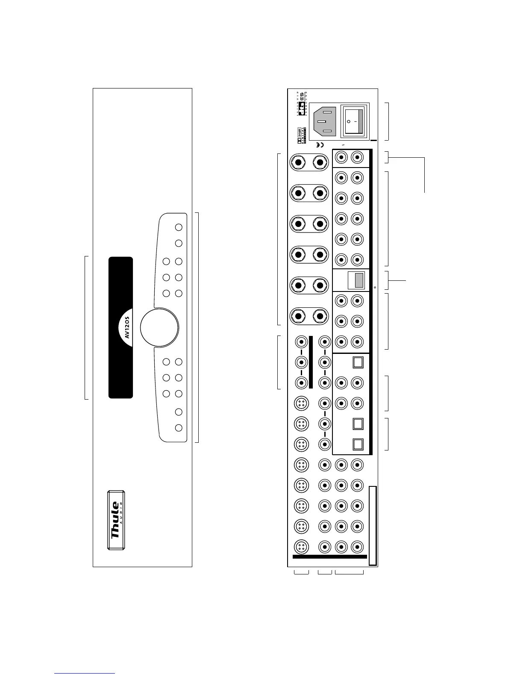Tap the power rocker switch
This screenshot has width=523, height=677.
pyautogui.click(x=355, y=121)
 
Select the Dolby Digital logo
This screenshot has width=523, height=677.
pyautogui.click(x=300, y=135)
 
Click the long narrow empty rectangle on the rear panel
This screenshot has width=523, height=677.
pyautogui.click(x=373, y=525)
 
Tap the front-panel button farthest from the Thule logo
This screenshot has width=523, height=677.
pyautogui.click(x=179, y=227)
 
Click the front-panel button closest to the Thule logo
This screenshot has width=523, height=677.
pyautogui.click(x=179, y=427)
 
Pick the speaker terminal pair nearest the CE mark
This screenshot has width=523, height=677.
pyautogui.click(x=309, y=162)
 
